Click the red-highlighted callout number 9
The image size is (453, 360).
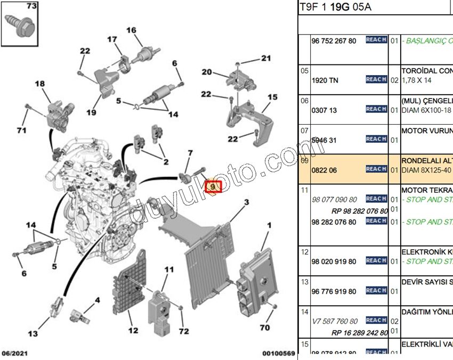pyautogui.click(x=213, y=187)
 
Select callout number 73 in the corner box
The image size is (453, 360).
pyautogui.click(x=31, y=7)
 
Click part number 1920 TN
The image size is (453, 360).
pyautogui.click(x=325, y=80)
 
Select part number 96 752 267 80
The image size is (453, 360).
pyautogui.click(x=333, y=41)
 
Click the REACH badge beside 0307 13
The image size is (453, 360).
pyautogui.click(x=376, y=109)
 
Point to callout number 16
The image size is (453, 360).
pyautogui.click(x=131, y=30)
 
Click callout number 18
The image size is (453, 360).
pyautogui.click(x=40, y=84)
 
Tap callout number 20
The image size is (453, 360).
pyautogui.click(x=207, y=72)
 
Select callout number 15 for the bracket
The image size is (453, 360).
pyautogui.click(x=272, y=97)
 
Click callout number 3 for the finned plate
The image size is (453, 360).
pyautogui.click(x=247, y=202)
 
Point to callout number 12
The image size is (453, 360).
pyautogui.click(x=133, y=331)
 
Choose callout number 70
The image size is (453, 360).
pyautogui.click(x=265, y=328)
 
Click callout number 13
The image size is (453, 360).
pyautogui.click(x=33, y=334)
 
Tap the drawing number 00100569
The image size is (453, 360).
pyautogui.click(x=278, y=354)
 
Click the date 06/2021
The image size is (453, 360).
pyautogui.click(x=15, y=354)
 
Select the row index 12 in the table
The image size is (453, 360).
pyautogui.click(x=305, y=251)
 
